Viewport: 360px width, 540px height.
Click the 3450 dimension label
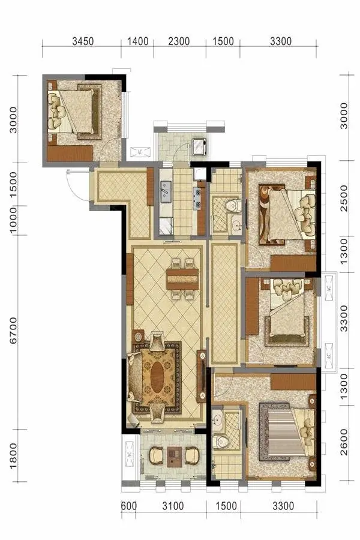(83, 41)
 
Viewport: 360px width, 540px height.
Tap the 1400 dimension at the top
(138, 41)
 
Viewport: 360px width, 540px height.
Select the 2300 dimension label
(179, 41)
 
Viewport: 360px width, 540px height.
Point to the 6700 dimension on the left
(13, 330)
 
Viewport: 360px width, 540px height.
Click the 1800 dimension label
(13, 455)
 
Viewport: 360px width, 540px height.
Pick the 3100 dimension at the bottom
(173, 506)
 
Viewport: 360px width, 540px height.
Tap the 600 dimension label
(129, 506)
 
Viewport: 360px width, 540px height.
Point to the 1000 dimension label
(13, 220)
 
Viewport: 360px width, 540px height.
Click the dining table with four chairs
(182, 278)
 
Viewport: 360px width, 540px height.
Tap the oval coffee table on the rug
(157, 377)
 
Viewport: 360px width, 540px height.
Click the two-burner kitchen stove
(197, 199)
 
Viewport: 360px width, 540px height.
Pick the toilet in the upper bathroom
(233, 206)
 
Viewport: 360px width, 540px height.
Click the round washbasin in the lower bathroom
(217, 420)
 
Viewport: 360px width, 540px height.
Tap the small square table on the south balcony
(175, 457)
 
